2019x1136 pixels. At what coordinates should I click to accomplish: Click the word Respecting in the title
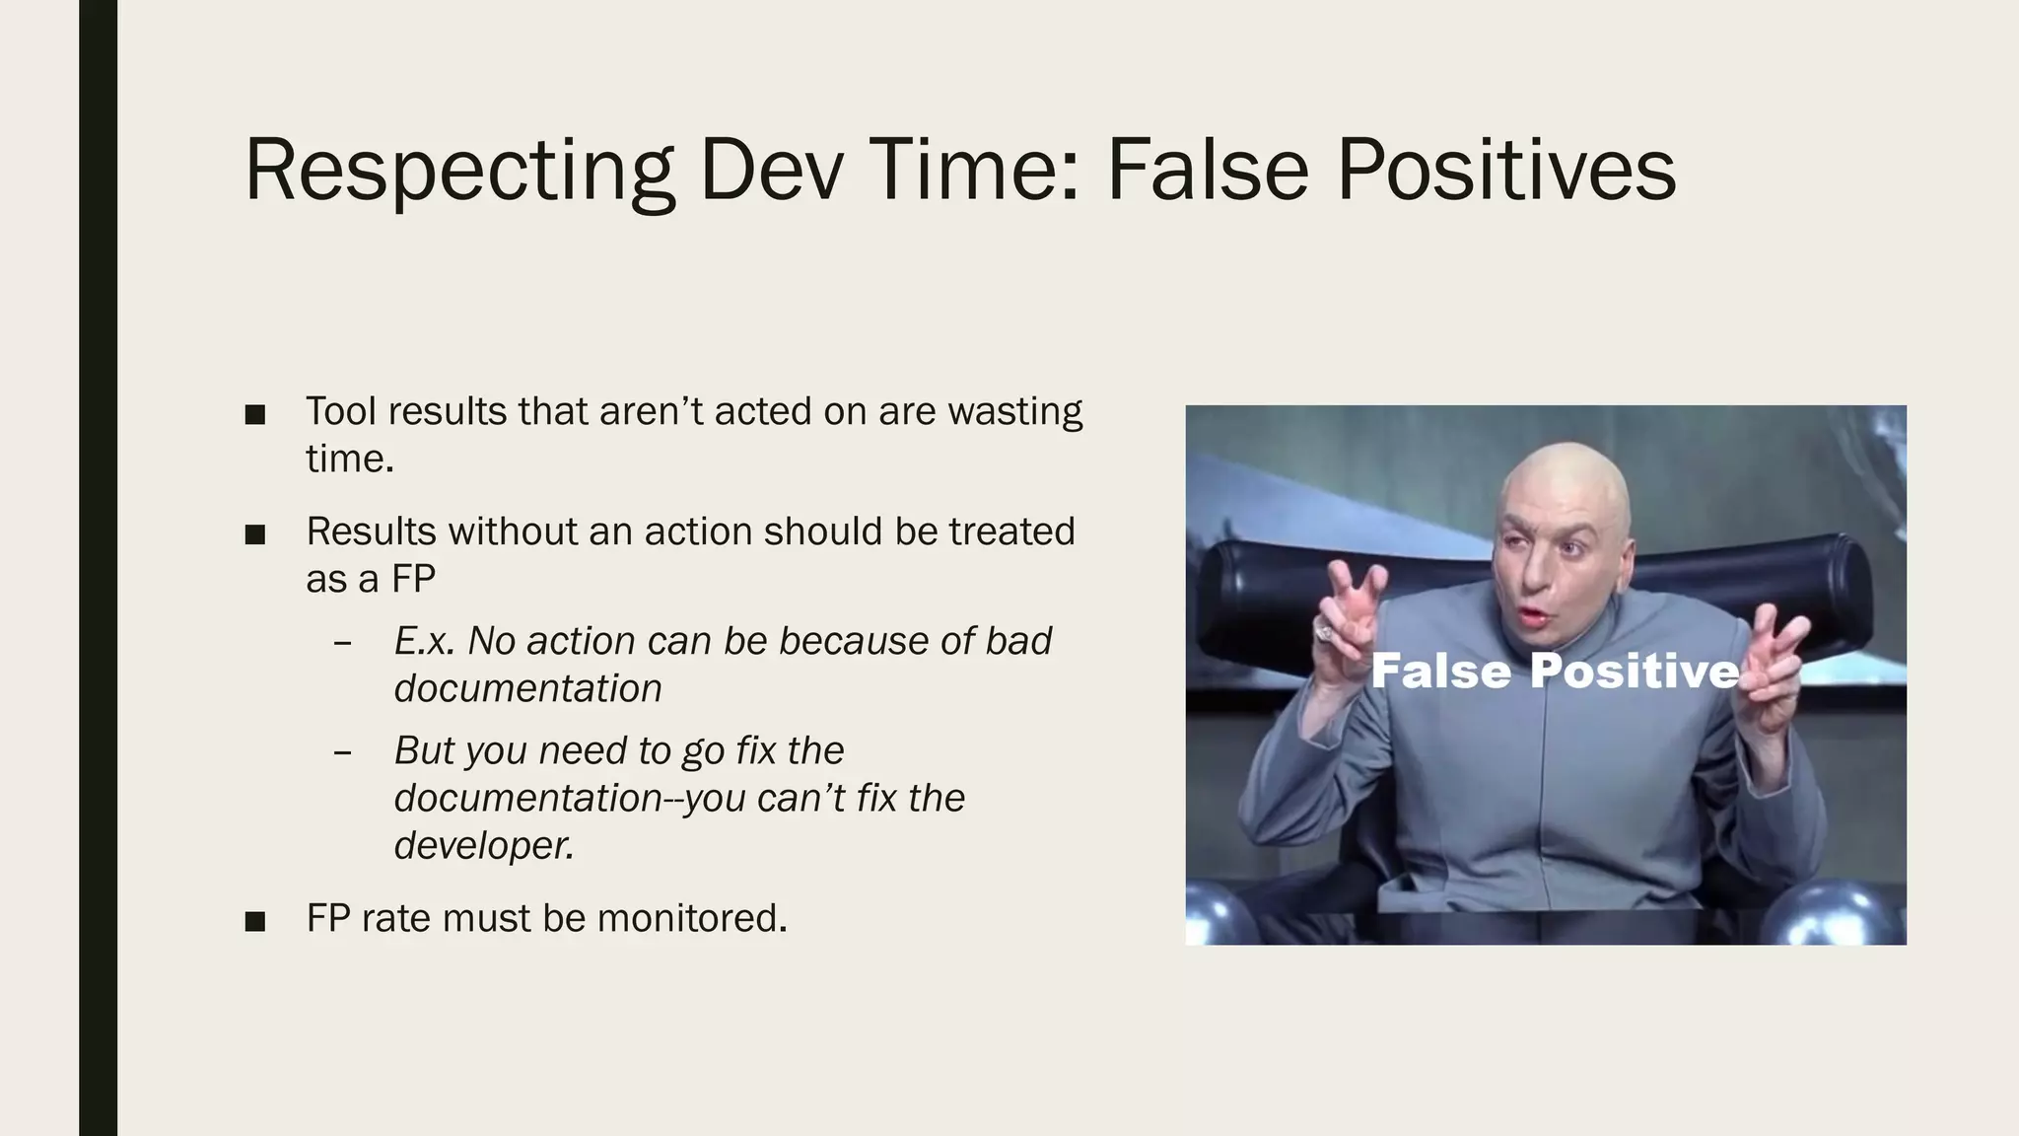point(458,170)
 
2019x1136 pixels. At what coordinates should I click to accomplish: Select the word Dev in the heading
point(772,170)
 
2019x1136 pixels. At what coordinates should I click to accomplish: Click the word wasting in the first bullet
point(1014,411)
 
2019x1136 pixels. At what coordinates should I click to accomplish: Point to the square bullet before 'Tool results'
point(255,414)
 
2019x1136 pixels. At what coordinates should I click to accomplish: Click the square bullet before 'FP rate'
point(255,921)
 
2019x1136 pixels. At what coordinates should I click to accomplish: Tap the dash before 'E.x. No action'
point(343,643)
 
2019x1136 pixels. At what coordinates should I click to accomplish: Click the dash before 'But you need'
point(343,752)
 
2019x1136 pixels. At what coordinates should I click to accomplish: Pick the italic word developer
point(483,845)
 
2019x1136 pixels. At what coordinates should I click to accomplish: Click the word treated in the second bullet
point(1011,532)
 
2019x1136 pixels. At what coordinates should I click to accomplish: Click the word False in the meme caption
point(1439,672)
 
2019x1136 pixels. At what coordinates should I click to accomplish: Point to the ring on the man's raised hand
point(1324,632)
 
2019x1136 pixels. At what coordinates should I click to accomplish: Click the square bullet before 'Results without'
point(255,534)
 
